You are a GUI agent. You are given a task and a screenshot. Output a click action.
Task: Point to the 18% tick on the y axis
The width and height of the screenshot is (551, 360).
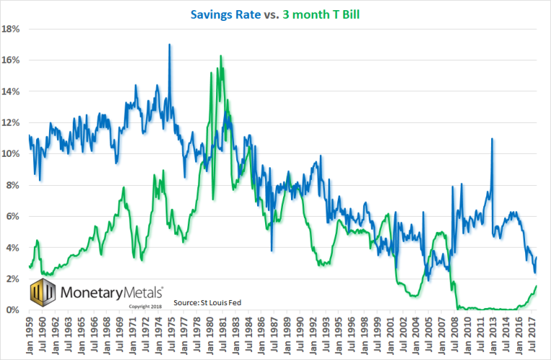[x=11, y=29]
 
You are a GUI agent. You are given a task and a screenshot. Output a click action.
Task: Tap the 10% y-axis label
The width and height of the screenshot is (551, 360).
[x=11, y=154]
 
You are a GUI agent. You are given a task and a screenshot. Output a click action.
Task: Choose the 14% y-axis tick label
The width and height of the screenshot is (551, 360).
[x=11, y=91]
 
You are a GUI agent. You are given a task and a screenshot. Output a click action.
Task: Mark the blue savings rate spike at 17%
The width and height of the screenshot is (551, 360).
[x=170, y=45]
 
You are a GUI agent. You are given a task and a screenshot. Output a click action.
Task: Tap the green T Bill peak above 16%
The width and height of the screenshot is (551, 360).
[x=220, y=56]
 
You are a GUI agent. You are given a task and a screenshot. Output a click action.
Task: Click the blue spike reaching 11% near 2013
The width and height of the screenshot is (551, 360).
[x=492, y=139]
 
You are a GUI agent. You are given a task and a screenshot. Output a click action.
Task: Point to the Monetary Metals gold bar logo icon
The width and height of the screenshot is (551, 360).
[x=42, y=294]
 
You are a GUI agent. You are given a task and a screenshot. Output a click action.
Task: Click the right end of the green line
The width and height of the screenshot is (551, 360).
[x=537, y=286]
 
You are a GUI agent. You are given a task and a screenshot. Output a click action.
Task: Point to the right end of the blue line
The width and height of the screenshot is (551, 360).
[x=537, y=258]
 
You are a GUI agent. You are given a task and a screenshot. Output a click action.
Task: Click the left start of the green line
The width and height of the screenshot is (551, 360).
[x=29, y=266]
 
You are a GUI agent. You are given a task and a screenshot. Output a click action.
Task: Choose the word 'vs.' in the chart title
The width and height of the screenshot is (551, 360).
[x=277, y=12]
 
